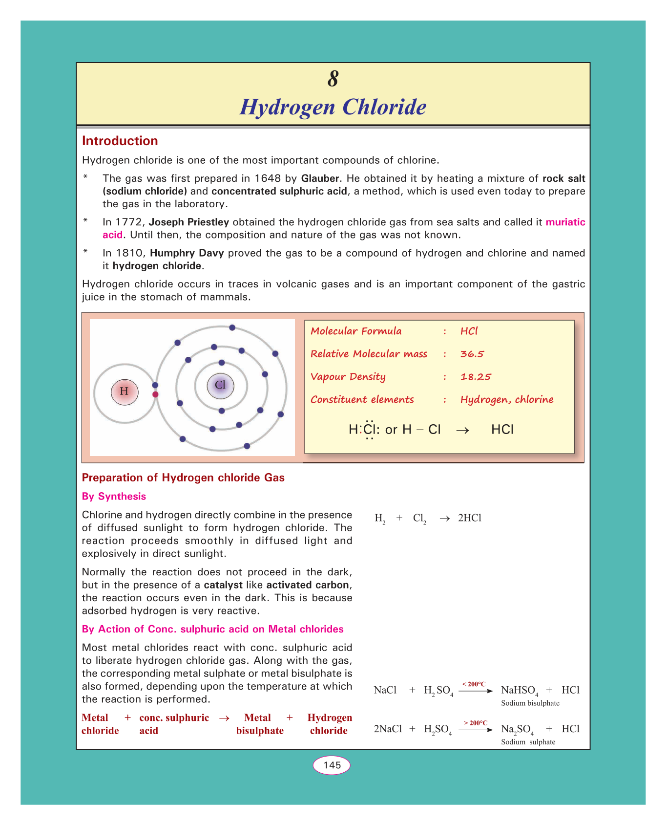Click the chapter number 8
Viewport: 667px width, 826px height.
tap(333, 79)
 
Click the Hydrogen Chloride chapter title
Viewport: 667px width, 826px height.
tap(333, 107)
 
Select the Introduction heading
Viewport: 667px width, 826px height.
tap(120, 141)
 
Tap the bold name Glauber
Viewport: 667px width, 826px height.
tap(320, 178)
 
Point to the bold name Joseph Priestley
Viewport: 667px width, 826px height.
tap(189, 222)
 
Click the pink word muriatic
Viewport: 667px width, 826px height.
tap(565, 222)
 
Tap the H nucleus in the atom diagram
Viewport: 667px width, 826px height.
tap(124, 391)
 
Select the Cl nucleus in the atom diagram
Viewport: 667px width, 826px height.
tap(220, 385)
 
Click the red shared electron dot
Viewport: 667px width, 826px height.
tap(155, 394)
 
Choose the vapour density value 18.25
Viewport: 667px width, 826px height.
tap(476, 377)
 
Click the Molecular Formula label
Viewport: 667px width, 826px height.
tap(356, 331)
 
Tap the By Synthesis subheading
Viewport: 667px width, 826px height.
tap(114, 497)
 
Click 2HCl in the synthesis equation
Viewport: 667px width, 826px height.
tap(470, 518)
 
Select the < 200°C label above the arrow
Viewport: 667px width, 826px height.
tap(474, 684)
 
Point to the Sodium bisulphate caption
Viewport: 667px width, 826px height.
tap(530, 703)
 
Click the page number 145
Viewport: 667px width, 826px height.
tap(332, 765)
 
